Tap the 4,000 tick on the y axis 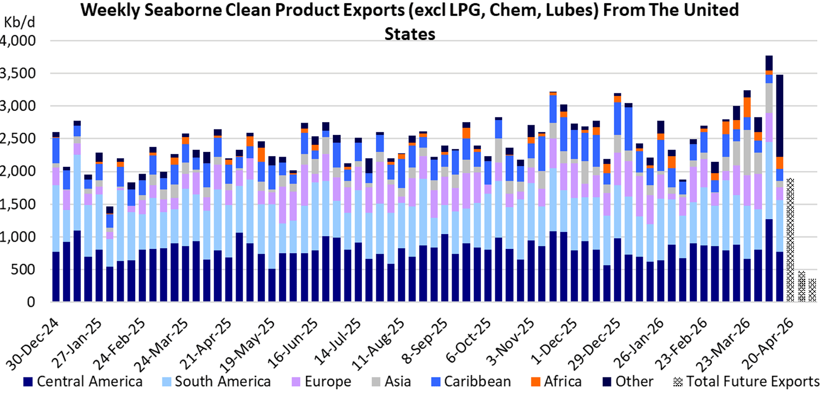click(20, 41)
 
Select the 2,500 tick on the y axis click(20, 139)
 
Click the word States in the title click(410, 33)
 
